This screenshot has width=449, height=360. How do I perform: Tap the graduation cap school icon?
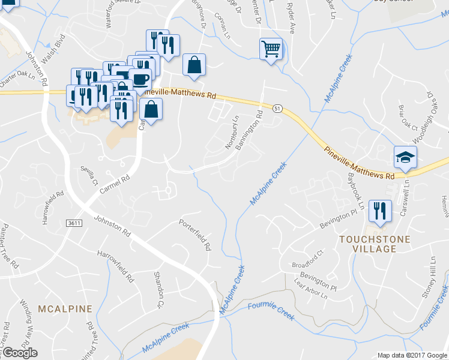(x=405, y=157)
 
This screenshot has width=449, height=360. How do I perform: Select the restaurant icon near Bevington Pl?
(x=379, y=211)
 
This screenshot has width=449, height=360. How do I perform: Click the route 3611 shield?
(x=73, y=223)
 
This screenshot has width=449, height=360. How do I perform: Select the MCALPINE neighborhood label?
(x=65, y=309)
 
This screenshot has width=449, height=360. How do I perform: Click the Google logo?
(x=20, y=353)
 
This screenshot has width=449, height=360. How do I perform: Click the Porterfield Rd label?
(x=196, y=235)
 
